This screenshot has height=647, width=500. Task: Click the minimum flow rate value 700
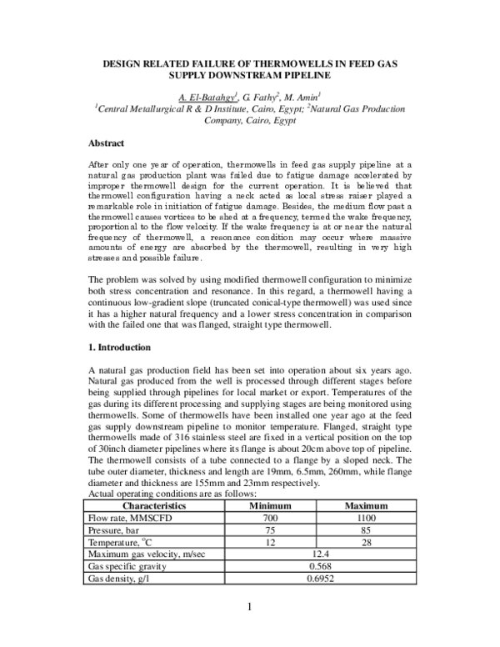point(273,517)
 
